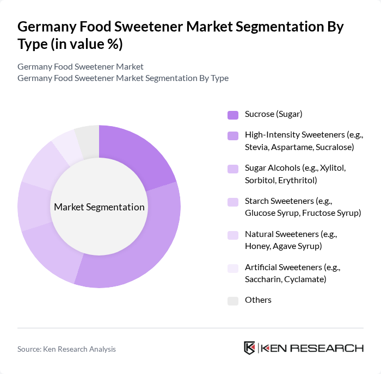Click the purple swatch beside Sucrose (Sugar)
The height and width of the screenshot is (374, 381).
point(233,115)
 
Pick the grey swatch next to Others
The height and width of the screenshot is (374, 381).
point(233,301)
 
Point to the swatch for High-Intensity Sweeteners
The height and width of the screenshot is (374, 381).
point(233,136)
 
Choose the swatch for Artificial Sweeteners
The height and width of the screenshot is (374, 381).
point(233,268)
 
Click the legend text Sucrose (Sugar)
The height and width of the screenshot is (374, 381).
point(273,114)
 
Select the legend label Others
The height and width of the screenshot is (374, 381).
point(258,300)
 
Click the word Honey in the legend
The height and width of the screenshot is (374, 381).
point(257,246)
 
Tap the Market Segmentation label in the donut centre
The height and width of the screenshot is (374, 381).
point(99,207)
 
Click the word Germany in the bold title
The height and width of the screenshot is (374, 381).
point(50,27)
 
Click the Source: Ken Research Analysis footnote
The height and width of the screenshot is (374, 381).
point(66,349)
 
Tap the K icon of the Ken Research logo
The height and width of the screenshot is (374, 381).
point(249,348)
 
